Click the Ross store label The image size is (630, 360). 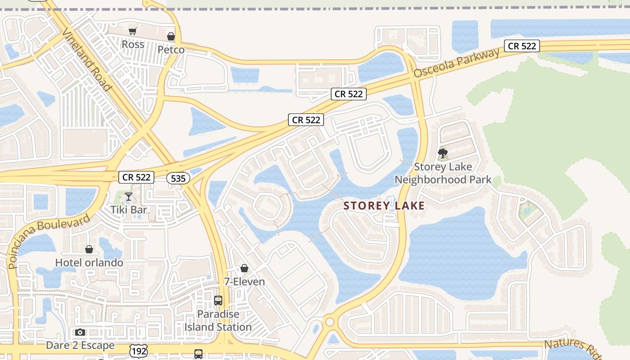pyautogui.click(x=133, y=44)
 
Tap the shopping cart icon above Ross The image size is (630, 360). pyautogui.click(x=132, y=31)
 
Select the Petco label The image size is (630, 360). pyautogui.click(x=171, y=49)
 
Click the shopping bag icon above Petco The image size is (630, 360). pyautogui.click(x=171, y=36)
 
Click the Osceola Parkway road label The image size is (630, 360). pyautogui.click(x=457, y=63)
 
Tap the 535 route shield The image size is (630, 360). pyautogui.click(x=178, y=178)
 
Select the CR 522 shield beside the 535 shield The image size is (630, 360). pyautogui.click(x=136, y=177)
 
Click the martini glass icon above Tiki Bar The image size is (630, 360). pyautogui.click(x=129, y=197)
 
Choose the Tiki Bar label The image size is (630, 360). pyautogui.click(x=129, y=210)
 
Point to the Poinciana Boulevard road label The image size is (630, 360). pyautogui.click(x=49, y=241)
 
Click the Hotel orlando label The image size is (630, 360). pyautogui.click(x=89, y=262)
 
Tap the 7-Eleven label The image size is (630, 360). pyautogui.click(x=244, y=282)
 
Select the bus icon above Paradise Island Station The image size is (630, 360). pyautogui.click(x=218, y=300)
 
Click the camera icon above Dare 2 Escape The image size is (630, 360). pyautogui.click(x=80, y=333)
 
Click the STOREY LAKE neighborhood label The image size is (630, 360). pyautogui.click(x=384, y=206)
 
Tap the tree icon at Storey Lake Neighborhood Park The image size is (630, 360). pyautogui.click(x=443, y=153)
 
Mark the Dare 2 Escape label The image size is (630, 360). pyautogui.click(x=80, y=346)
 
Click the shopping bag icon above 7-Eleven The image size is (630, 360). pyautogui.click(x=244, y=269)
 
